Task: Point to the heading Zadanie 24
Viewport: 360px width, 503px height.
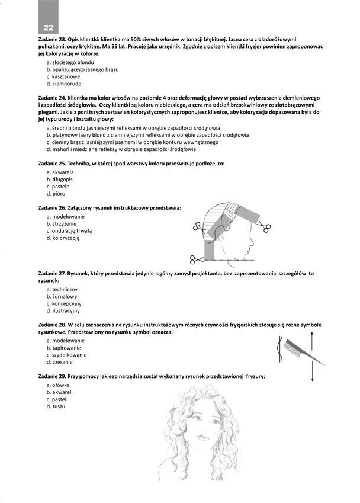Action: (53, 97)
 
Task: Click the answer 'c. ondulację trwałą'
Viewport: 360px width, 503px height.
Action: (69, 231)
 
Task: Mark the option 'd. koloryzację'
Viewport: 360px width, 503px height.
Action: (63, 239)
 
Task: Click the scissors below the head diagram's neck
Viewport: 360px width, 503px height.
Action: (196, 259)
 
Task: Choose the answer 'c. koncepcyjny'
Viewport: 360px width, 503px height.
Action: (65, 303)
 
